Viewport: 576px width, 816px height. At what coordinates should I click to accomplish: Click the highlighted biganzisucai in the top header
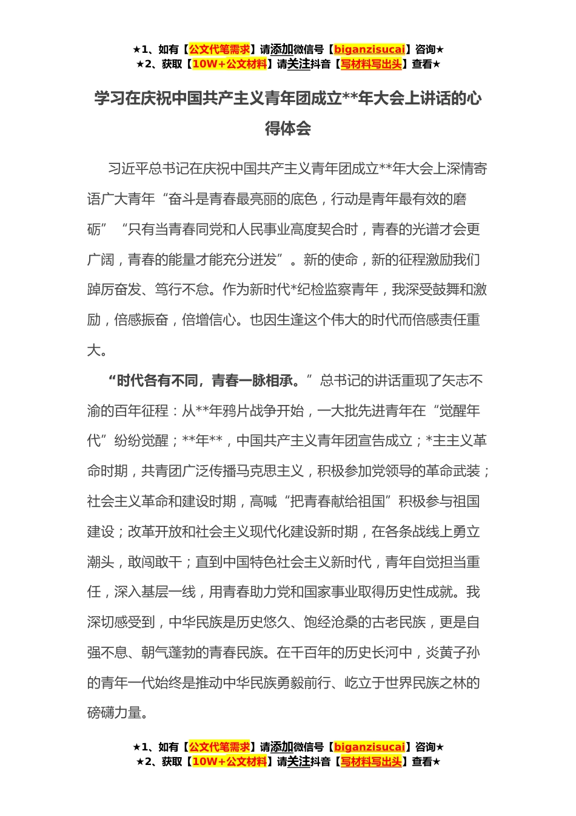coord(369,49)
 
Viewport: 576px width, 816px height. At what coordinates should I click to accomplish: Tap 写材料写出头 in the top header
coord(371,64)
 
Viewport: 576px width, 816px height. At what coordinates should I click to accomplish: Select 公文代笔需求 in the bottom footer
coord(219,747)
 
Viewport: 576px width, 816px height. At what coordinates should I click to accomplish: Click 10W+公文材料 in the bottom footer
coord(229,761)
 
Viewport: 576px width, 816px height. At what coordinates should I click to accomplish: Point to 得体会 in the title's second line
coord(288,128)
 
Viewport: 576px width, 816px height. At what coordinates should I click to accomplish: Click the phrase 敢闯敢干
coord(154,562)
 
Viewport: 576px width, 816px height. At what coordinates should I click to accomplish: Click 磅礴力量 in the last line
coord(114,713)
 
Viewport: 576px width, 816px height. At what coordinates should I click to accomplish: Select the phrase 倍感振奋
coord(141,320)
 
